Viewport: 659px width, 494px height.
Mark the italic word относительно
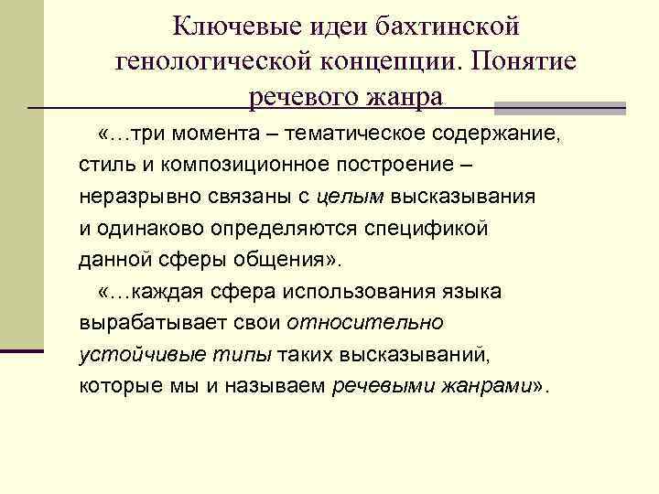(366, 322)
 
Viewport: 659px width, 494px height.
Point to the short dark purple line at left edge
(22, 349)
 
